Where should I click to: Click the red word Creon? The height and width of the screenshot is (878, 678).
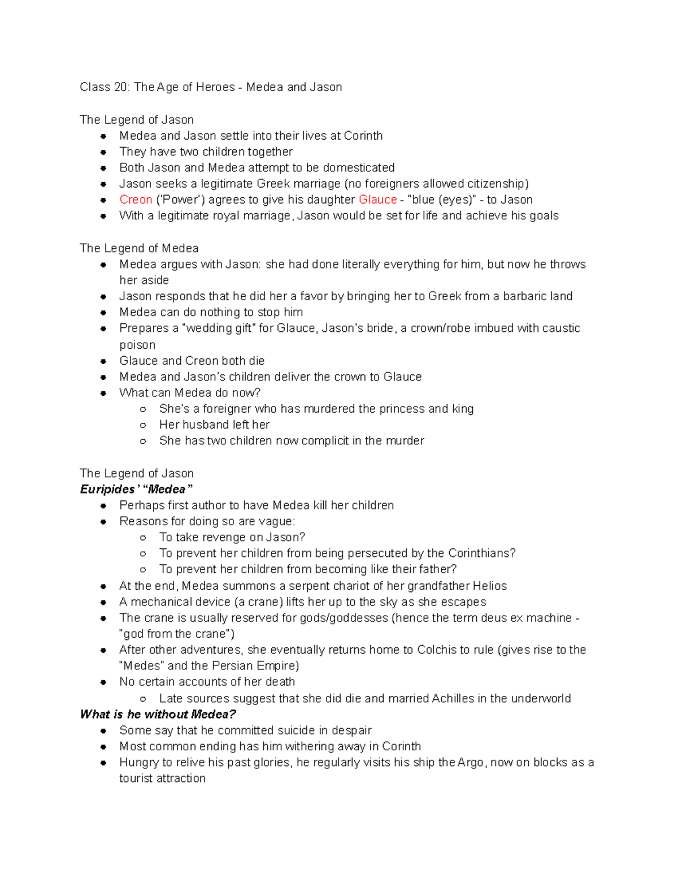[136, 200]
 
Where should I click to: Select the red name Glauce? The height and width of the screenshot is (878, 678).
[378, 200]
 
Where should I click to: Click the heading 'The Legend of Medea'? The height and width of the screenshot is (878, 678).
[139, 248]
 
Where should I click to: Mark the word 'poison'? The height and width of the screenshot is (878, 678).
[137, 345]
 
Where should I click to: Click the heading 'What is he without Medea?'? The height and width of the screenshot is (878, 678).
[158, 714]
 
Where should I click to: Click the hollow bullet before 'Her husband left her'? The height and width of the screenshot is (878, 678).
[144, 425]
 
